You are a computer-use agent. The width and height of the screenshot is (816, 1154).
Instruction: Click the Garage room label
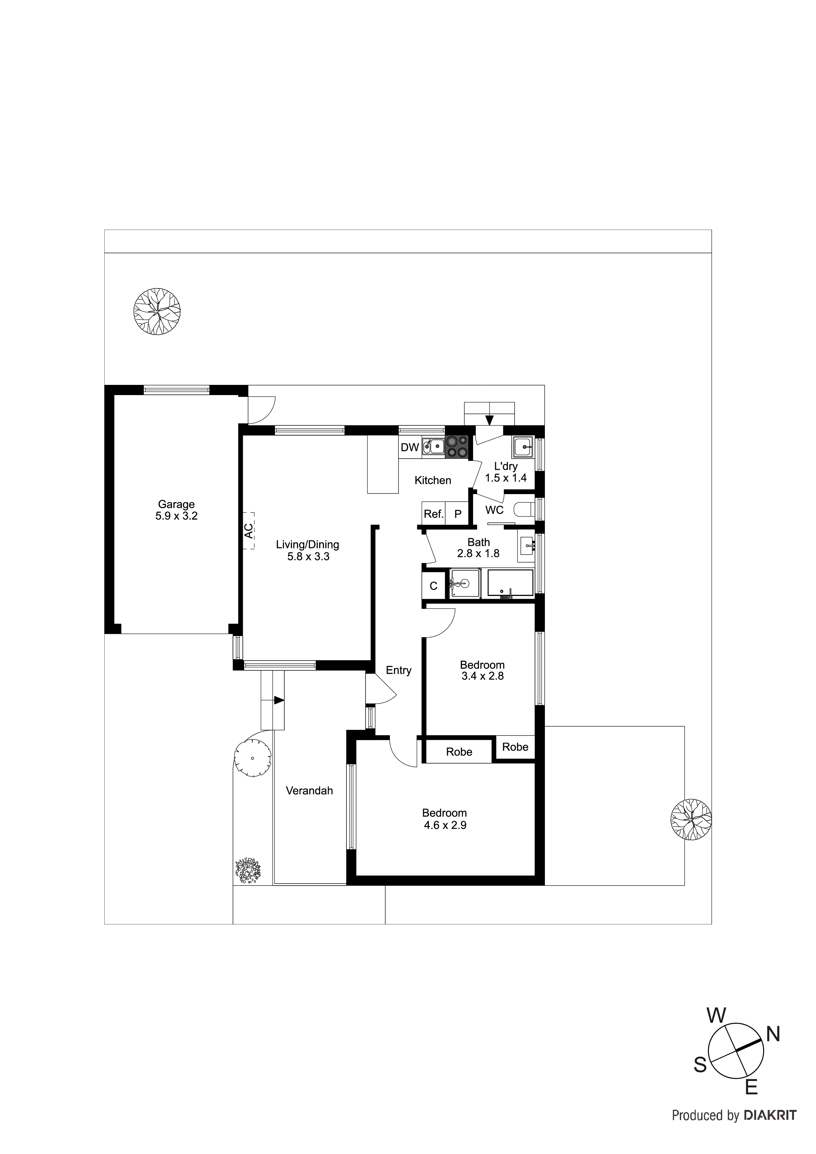click(176, 504)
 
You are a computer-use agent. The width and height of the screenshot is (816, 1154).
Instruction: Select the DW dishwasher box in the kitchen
click(410, 447)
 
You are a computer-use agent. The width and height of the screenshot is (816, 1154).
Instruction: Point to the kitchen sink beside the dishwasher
click(433, 446)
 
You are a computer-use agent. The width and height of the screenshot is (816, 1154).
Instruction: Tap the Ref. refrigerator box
click(433, 514)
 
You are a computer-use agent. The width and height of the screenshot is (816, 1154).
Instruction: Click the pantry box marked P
click(458, 514)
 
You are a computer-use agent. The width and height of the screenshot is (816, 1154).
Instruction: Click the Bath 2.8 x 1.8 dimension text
click(478, 553)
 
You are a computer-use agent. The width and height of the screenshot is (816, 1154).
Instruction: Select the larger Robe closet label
click(459, 752)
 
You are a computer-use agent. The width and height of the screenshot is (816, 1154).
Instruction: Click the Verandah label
click(309, 790)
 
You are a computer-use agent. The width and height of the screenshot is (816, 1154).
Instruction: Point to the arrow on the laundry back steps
click(490, 420)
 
